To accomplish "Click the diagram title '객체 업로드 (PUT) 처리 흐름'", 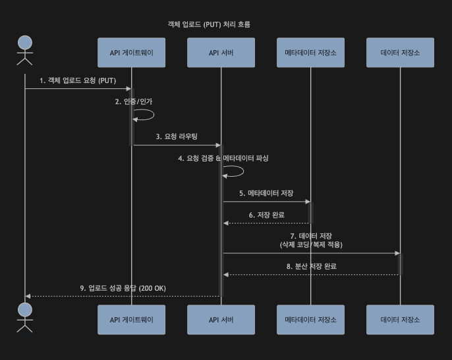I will (209, 24).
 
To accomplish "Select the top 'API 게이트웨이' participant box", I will (131, 53).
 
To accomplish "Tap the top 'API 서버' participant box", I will (221, 53).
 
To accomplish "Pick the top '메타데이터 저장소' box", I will (310, 53).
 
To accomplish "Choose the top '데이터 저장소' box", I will (400, 53).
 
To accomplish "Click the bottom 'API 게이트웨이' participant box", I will (131, 319).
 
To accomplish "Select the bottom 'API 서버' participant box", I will (221, 319).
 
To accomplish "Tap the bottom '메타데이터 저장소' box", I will (310, 319).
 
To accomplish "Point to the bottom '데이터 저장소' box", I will (400, 319).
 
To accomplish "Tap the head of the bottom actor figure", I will (25, 310).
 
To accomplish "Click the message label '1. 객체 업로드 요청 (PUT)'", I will (78, 80).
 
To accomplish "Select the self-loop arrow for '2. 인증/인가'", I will (145, 115).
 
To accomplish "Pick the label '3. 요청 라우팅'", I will (177, 136).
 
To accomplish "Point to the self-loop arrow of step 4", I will (235, 171).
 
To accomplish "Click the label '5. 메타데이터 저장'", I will (266, 193).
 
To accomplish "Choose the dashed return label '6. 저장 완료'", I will (266, 215).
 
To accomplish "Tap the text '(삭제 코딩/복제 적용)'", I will (311, 244).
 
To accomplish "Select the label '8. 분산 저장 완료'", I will (311, 266).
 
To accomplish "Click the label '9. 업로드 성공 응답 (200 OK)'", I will (123, 288).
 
